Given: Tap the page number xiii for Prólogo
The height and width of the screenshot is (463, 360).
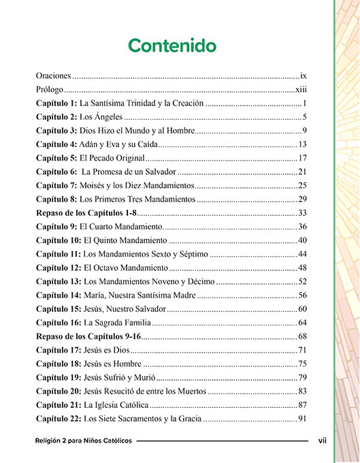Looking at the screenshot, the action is pyautogui.click(x=302, y=89).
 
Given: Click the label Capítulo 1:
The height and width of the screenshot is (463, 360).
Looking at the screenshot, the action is pyautogui.click(x=56, y=103).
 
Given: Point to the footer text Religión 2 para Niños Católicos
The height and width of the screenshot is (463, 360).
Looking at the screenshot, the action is pyautogui.click(x=84, y=441).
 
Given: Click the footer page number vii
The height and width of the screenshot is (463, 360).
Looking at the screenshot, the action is pyautogui.click(x=323, y=441).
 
